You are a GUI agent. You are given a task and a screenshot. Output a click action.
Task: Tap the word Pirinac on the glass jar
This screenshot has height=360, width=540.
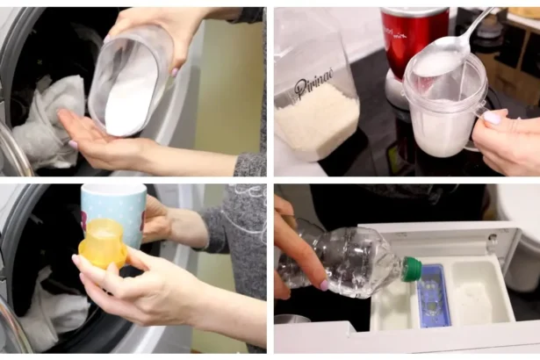314,87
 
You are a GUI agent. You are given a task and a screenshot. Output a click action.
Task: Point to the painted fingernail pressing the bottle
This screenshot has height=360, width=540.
324,284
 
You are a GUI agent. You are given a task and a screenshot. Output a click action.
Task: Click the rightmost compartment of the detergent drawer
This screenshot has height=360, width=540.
482,292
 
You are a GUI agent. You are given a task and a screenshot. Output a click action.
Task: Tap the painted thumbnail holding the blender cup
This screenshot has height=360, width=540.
492,118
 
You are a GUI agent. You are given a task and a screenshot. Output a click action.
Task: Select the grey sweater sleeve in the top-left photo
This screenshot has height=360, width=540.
249,162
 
